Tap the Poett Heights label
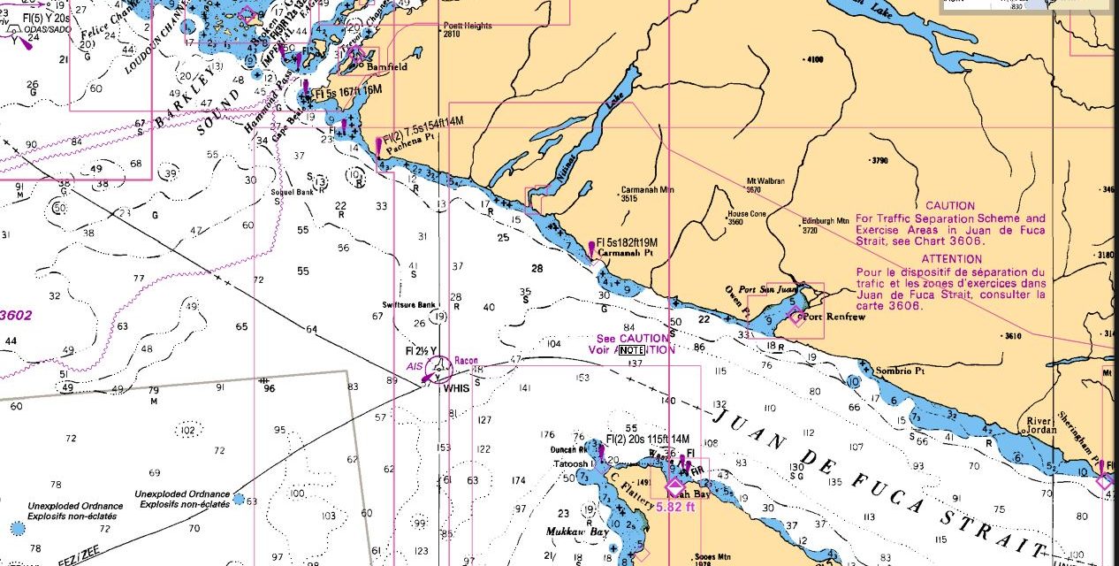point(468,27)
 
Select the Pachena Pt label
point(407,151)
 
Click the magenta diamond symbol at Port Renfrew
point(796,317)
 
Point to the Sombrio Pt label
point(899,371)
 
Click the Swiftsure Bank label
point(409,304)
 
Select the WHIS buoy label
point(456,387)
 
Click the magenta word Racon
point(466,361)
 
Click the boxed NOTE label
point(631,350)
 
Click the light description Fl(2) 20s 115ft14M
point(648,439)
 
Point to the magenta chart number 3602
point(15,315)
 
